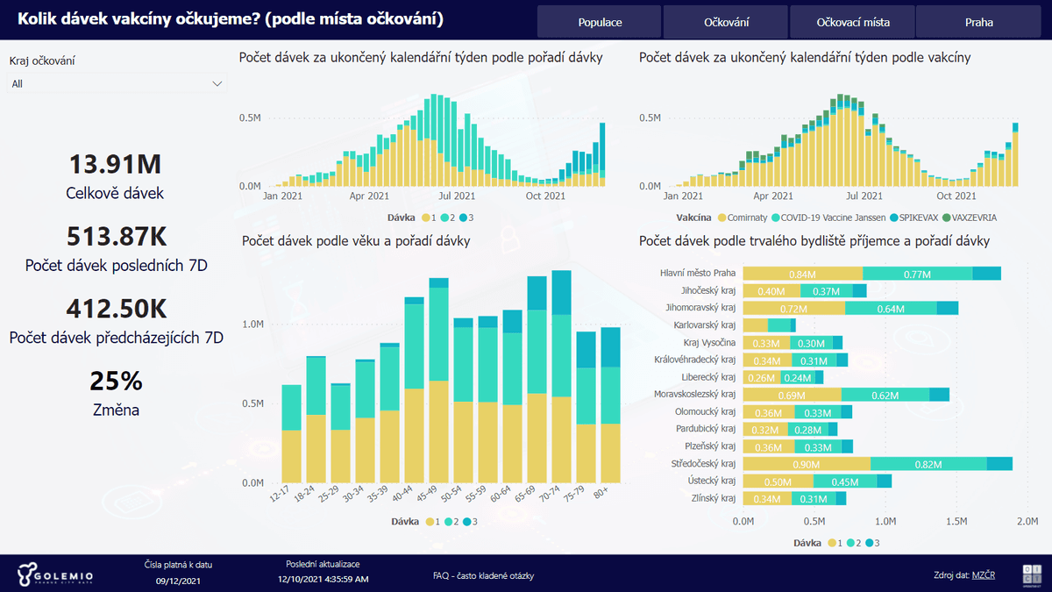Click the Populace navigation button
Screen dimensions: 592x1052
600,22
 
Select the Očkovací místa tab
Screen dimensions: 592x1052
852,22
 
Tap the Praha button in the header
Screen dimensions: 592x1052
978,22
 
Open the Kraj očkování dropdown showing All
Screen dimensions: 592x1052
117,83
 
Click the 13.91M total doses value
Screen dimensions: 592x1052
115,164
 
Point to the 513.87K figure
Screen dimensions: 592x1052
115,237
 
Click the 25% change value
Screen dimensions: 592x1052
115,382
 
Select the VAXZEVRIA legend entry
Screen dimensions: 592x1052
964,217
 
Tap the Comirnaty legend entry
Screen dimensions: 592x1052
747,217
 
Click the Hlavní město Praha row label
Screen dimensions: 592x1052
697,273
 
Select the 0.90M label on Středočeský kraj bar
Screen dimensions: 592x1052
807,464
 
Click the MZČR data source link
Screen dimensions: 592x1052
983,575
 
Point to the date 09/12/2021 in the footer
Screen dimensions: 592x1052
179,581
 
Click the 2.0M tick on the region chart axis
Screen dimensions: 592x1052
1027,521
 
